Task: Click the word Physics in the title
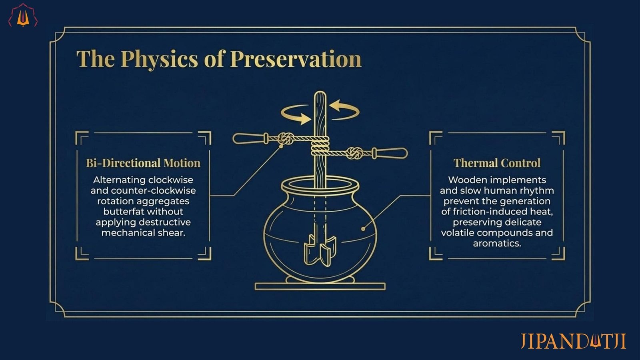pyautogui.click(x=159, y=60)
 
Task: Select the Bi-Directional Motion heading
pyautogui.click(x=143, y=163)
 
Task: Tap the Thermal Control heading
pyautogui.click(x=497, y=163)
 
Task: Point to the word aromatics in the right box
pyautogui.click(x=497, y=244)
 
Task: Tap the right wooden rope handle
pyautogui.click(x=390, y=153)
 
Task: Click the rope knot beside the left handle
pyautogui.click(x=286, y=139)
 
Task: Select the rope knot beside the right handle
pyautogui.click(x=354, y=154)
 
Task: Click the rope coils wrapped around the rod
pyautogui.click(x=320, y=146)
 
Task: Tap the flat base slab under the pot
pyautogui.click(x=320, y=286)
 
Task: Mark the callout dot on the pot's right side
pyautogui.click(x=363, y=229)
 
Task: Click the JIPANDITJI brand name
pyautogui.click(x=573, y=341)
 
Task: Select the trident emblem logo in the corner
pyautogui.click(x=23, y=16)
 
